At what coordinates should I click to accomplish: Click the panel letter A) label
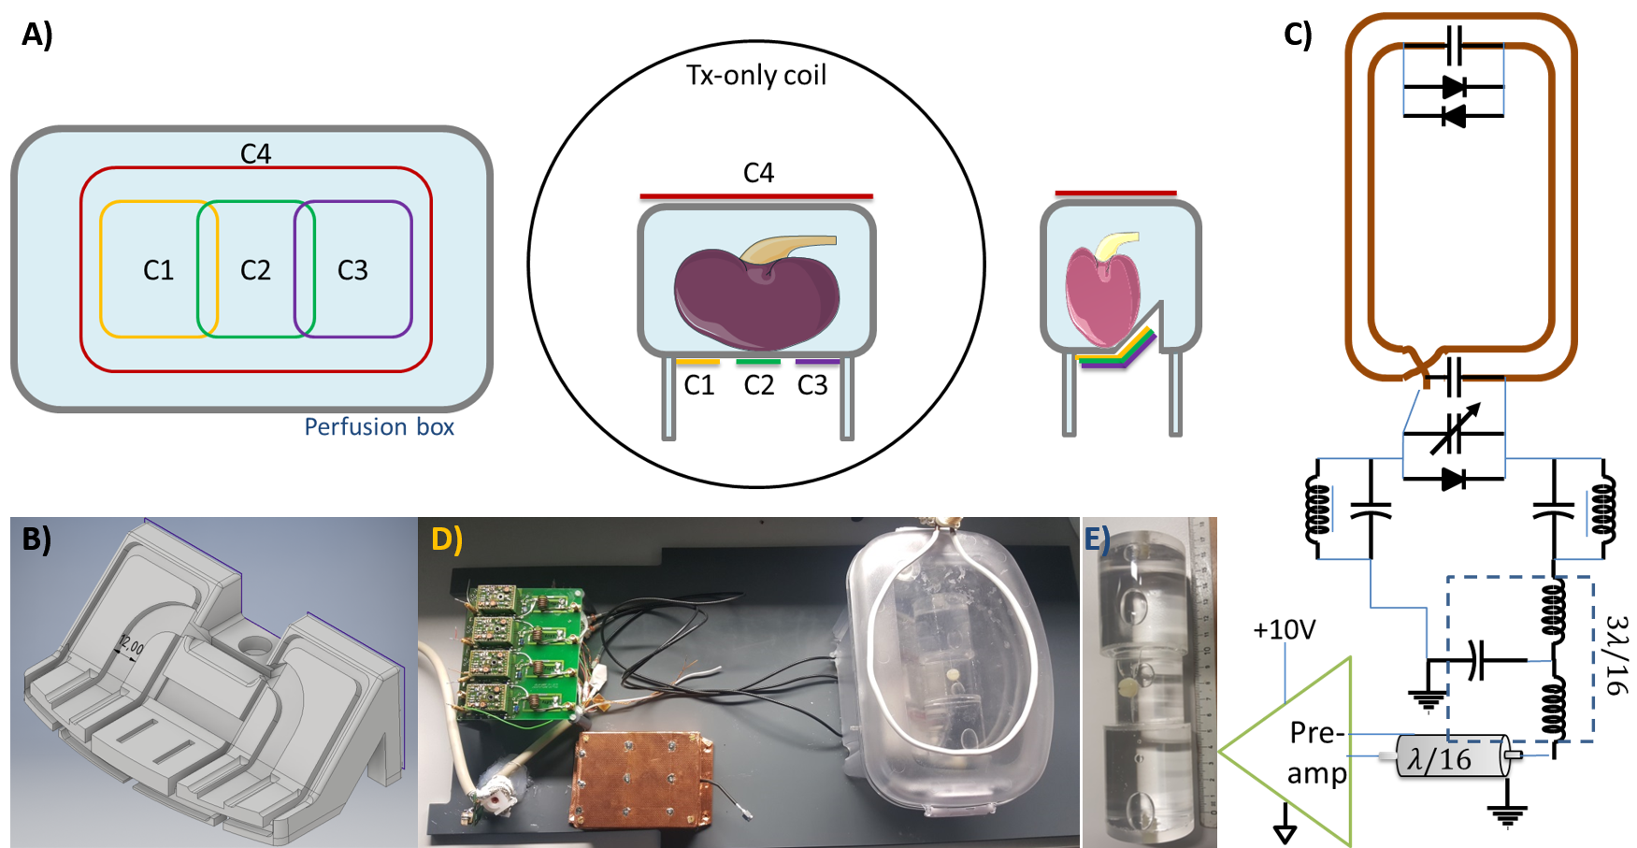(37, 36)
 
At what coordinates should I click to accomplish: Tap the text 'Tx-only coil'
(756, 75)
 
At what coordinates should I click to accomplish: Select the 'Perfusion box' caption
(379, 427)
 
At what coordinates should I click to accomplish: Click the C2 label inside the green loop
(255, 270)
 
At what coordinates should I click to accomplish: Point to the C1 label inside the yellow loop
(158, 270)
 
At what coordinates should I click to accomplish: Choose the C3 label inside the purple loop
(352, 270)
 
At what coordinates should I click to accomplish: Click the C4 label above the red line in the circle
(758, 173)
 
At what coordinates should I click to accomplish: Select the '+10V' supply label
(1284, 630)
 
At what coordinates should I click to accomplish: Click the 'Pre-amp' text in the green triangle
(1317, 753)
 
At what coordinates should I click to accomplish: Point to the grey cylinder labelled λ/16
(1451, 757)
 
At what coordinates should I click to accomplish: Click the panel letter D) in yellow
(447, 539)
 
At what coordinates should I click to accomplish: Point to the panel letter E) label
(1098, 539)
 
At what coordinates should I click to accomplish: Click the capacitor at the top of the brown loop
(1454, 44)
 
